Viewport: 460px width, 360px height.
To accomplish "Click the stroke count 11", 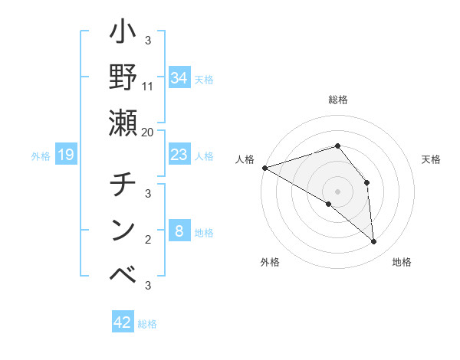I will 148,86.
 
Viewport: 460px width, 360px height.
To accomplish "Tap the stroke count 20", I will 148,132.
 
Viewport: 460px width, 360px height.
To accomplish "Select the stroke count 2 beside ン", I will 148,240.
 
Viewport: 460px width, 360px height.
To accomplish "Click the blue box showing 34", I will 179,77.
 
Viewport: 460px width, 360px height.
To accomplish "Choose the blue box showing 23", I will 179,155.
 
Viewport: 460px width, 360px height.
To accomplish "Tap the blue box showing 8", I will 179,231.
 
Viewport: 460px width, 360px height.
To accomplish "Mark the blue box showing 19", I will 66,155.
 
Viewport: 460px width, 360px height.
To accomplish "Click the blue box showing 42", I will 123,322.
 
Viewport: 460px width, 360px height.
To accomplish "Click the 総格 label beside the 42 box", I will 147,324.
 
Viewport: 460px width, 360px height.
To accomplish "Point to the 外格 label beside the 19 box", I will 41,156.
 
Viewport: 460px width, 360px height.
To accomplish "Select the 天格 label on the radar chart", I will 431,159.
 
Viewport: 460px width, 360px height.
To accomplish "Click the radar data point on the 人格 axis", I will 264,167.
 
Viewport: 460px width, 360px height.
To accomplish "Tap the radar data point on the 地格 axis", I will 374,242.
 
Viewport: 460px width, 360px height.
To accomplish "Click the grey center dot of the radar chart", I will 337,191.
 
